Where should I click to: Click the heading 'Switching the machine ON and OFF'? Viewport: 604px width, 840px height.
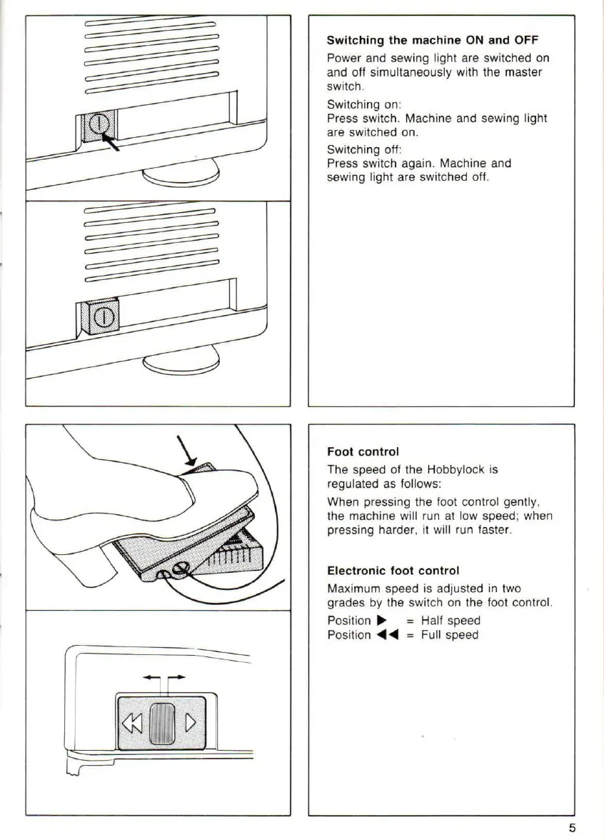[432, 41]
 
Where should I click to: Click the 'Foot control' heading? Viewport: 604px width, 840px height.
[363, 451]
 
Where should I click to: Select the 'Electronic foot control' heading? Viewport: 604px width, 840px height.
[393, 571]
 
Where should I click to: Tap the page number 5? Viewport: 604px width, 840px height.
[573, 828]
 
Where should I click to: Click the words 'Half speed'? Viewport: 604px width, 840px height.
[451, 621]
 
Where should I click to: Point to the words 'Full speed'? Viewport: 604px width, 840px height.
[450, 635]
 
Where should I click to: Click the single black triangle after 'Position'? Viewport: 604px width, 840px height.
[381, 621]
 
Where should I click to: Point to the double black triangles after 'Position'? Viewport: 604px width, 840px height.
[387, 635]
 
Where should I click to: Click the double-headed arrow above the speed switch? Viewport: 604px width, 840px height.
[166, 676]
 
